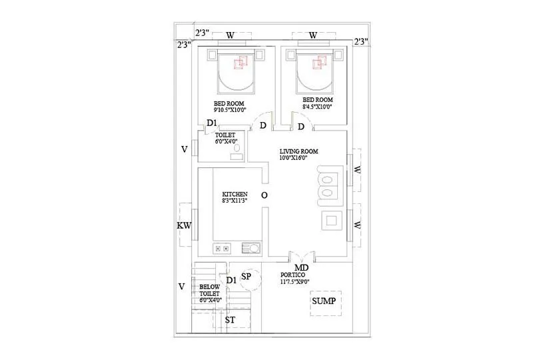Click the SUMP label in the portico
pos(324,302)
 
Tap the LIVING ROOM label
pos(298,155)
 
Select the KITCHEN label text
pos(235,196)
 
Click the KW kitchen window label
pos(184,226)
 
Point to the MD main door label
pos(301,268)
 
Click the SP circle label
pos(246,275)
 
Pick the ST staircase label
pos(230,320)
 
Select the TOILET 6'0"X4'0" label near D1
pos(225,138)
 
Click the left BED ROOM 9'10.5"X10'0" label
pos(229,107)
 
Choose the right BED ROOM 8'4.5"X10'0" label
pos(317,103)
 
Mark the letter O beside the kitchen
pos(264,195)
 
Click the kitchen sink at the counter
pos(251,249)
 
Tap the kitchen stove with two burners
pos(221,249)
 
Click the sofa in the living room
pos(329,185)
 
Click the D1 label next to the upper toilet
pos(212,123)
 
